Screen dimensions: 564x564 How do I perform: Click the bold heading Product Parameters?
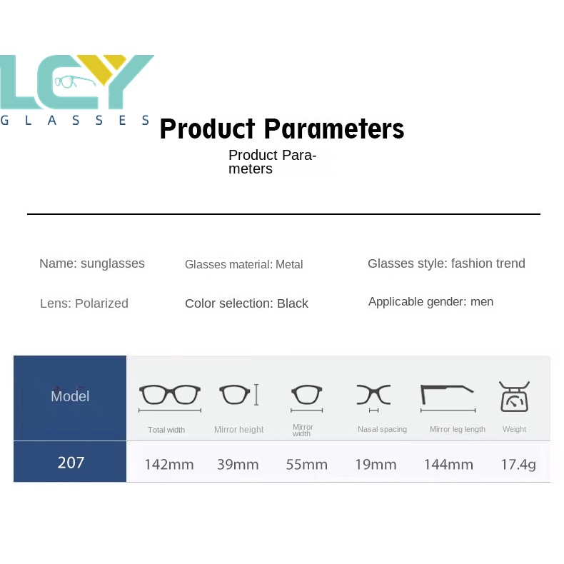click(282, 129)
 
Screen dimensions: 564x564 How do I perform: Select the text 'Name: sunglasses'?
click(92, 263)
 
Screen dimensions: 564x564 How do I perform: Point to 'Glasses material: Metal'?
click(244, 264)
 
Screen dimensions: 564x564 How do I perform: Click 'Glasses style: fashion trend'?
click(446, 263)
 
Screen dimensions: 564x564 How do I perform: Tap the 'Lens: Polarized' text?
click(84, 303)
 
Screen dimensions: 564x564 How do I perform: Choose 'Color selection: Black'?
click(246, 303)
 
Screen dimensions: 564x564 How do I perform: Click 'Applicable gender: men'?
click(431, 301)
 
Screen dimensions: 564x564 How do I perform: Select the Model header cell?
click(70, 398)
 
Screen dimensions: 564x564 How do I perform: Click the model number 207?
click(71, 462)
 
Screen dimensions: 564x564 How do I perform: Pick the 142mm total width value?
click(169, 464)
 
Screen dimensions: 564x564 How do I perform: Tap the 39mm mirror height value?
click(238, 464)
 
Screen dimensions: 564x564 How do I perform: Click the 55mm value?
click(307, 464)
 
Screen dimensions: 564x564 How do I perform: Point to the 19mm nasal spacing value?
click(376, 464)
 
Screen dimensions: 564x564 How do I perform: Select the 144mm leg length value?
click(448, 464)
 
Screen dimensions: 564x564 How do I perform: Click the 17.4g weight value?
click(518, 464)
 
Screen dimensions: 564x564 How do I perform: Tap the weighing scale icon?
click(514, 397)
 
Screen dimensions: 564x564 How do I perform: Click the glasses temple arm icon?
click(447, 394)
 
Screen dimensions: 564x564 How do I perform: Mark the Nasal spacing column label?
click(382, 429)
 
